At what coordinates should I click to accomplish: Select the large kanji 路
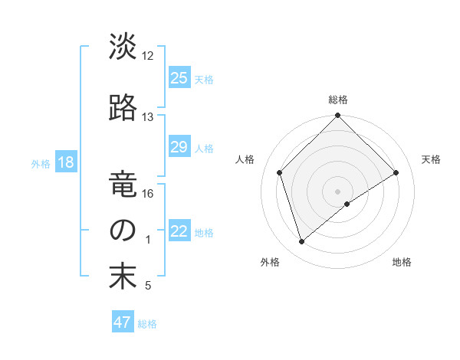[123, 108]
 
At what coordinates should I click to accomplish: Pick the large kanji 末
[123, 277]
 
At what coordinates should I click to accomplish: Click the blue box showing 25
[179, 78]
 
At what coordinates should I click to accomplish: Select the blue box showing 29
[179, 148]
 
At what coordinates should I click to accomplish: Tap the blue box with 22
[179, 232]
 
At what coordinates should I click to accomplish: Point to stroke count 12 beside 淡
[148, 56]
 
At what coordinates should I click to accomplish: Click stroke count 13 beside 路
[148, 117]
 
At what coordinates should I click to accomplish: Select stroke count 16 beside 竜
[148, 194]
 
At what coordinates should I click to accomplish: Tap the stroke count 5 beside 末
[148, 286]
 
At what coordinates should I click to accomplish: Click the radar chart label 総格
[337, 100]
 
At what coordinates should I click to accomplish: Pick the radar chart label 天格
[432, 159]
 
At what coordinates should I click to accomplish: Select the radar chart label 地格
[402, 262]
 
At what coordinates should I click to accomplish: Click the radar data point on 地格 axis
[347, 204]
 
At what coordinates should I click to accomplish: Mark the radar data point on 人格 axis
[280, 172]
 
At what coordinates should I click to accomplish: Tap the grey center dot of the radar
[337, 191]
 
